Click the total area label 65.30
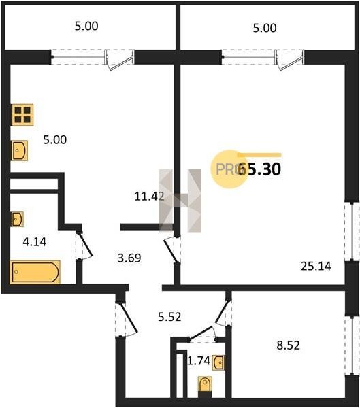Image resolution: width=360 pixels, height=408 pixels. pyautogui.click(x=259, y=169)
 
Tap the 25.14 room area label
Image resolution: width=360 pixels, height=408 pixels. pyautogui.click(x=316, y=266)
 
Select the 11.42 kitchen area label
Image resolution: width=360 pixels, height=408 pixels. pyautogui.click(x=149, y=197)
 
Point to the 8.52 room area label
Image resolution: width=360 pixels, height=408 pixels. pyautogui.click(x=288, y=345)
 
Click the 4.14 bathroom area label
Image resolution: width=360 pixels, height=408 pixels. pyautogui.click(x=35, y=242)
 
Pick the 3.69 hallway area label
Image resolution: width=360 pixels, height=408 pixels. pyautogui.click(x=129, y=258)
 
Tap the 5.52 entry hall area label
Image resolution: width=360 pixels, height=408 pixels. pyautogui.click(x=169, y=317)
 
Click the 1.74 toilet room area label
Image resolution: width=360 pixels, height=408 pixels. pyautogui.click(x=199, y=361)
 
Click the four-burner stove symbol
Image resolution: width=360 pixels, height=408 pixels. pyautogui.click(x=22, y=115)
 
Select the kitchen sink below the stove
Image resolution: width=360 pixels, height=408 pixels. pyautogui.click(x=20, y=151)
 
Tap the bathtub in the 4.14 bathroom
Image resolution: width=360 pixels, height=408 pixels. pyautogui.click(x=35, y=272)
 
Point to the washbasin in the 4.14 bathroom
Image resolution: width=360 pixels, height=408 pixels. pyautogui.click(x=18, y=220)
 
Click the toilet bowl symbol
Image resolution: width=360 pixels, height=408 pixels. pyautogui.click(x=205, y=384)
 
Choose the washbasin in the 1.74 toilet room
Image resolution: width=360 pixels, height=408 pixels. pyautogui.click(x=218, y=362)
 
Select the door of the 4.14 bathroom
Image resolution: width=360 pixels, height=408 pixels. pyautogui.click(x=84, y=245)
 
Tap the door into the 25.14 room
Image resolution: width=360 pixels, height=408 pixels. pyautogui.click(x=172, y=250)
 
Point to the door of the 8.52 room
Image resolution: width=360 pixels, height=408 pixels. pyautogui.click(x=222, y=312)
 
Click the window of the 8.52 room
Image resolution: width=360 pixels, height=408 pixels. pyautogui.click(x=352, y=345)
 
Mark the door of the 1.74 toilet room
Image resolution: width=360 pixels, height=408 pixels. pyautogui.click(x=203, y=333)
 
